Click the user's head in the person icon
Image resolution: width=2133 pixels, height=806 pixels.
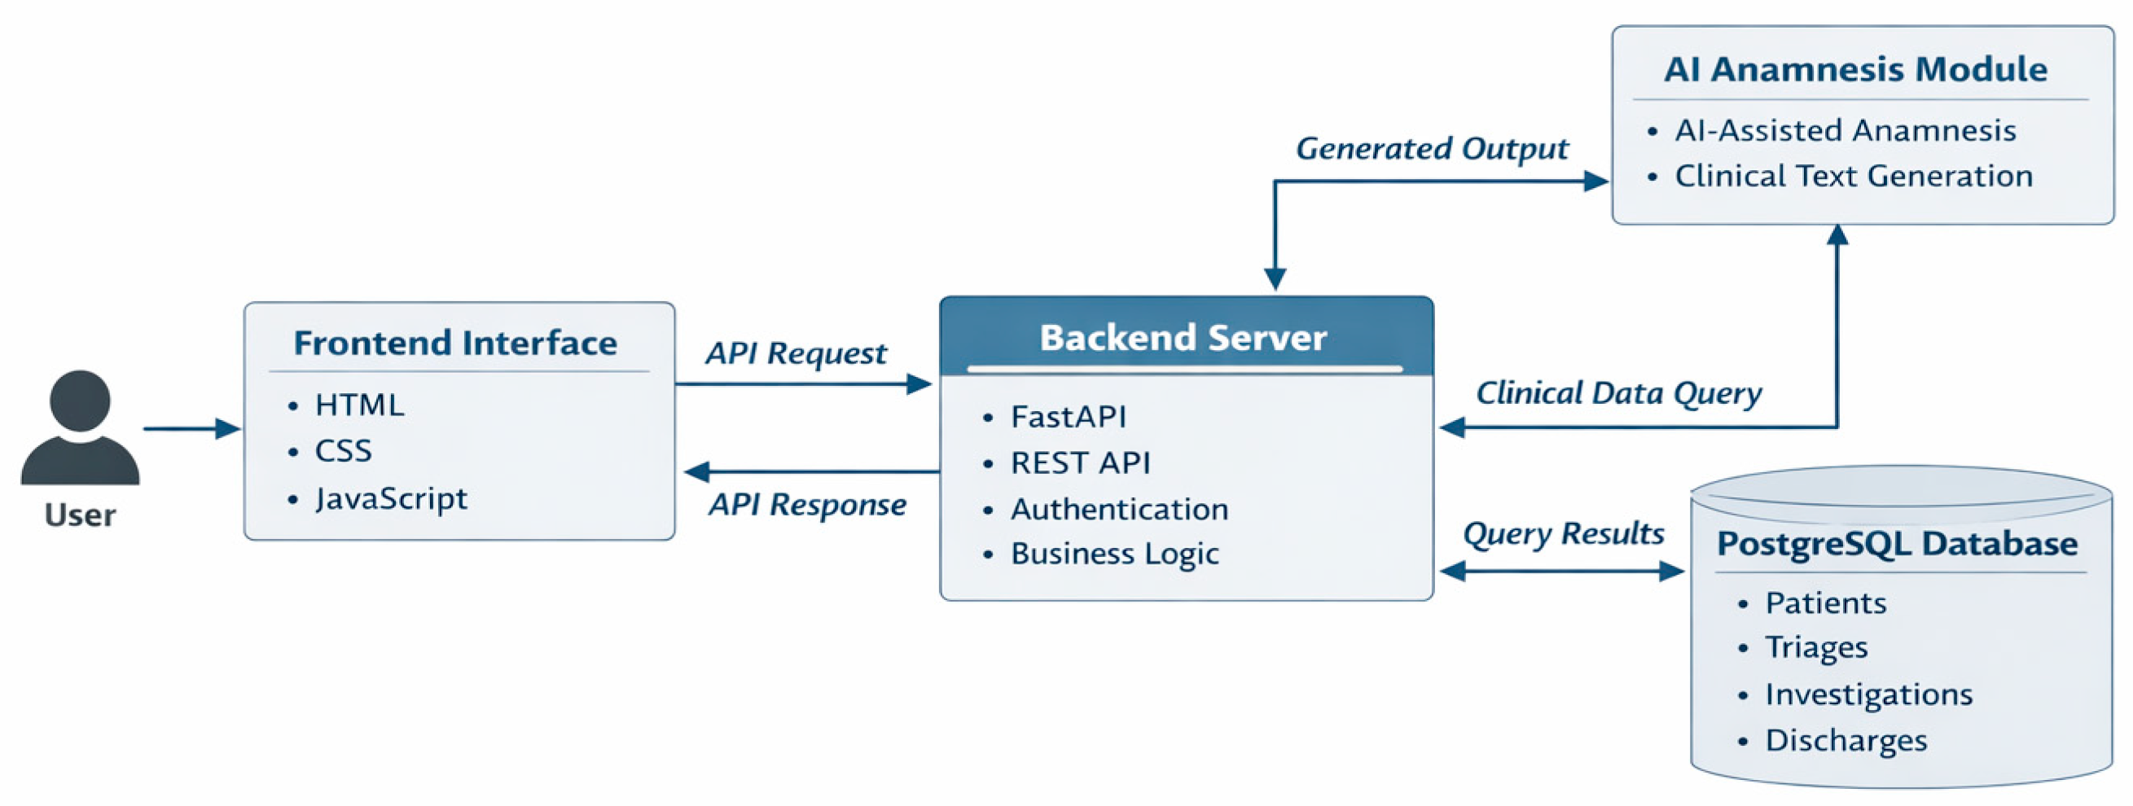pos(81,401)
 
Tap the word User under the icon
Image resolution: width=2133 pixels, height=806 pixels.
pos(81,515)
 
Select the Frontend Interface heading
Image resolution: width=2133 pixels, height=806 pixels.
pos(455,343)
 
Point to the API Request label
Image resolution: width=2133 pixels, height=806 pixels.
pos(796,353)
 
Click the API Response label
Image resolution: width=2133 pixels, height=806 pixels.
pos(807,504)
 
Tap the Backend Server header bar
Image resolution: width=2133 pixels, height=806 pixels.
pos(1187,336)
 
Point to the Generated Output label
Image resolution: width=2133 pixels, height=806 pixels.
pos(1432,149)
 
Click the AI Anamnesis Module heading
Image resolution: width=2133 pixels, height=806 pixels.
pos(1855,69)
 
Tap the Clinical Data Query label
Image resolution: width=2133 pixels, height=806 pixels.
pos(1619,393)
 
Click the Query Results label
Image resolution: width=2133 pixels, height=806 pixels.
pos(1564,534)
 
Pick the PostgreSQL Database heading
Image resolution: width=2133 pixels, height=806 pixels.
pos(1897,544)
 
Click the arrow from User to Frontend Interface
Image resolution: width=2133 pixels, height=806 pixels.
pos(192,429)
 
